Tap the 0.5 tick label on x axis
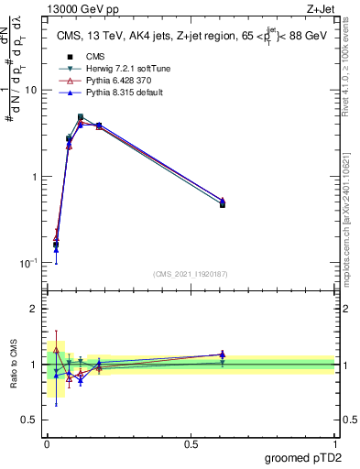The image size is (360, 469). (x=191, y=443)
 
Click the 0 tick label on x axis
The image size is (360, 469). (x=47, y=443)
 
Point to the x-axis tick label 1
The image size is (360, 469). (x=334, y=443)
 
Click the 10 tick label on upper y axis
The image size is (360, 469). (x=30, y=90)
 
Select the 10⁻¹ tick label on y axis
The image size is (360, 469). (x=28, y=262)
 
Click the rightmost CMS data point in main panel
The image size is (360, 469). (x=223, y=204)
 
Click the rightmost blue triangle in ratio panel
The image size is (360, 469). (x=223, y=354)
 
